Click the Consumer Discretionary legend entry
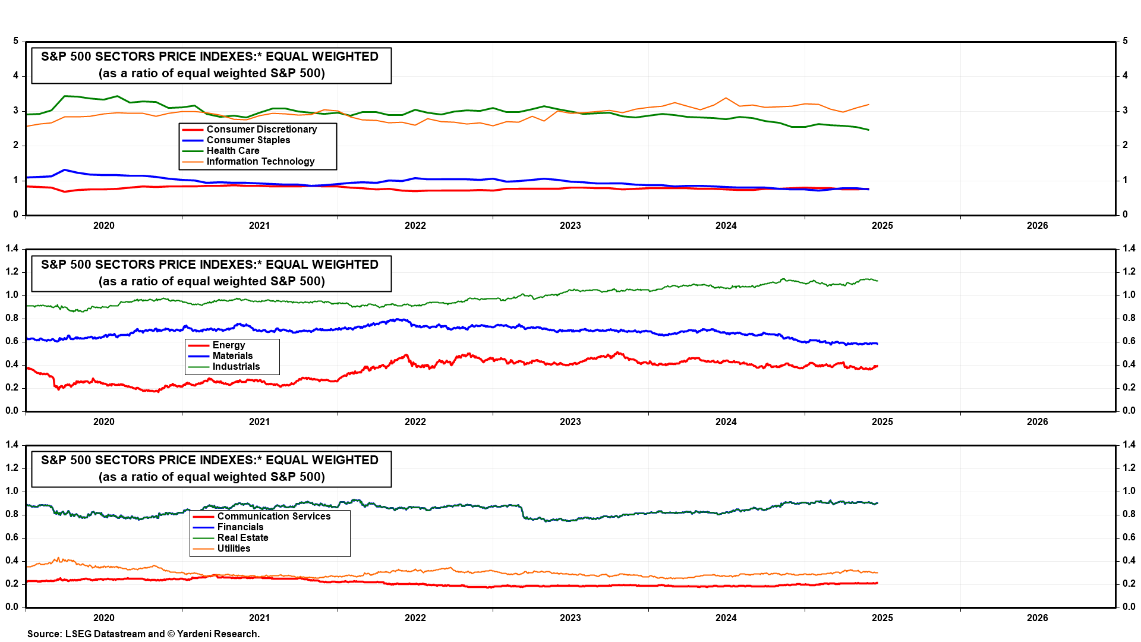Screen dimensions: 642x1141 tap(261, 130)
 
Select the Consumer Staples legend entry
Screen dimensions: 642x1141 tap(248, 140)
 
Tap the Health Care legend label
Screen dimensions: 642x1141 tap(232, 151)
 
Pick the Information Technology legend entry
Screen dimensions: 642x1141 tap(260, 162)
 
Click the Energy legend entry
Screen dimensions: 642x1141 tap(228, 345)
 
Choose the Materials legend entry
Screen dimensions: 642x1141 tap(232, 356)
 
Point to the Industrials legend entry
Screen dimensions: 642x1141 tap(236, 367)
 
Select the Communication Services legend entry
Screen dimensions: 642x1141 tap(273, 517)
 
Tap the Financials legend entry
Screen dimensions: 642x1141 tap(240, 527)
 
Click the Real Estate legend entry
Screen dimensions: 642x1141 tap(242, 538)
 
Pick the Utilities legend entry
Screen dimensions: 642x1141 tap(234, 549)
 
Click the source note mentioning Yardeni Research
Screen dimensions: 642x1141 tap(143, 634)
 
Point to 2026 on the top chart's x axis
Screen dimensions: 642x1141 tap(1037, 226)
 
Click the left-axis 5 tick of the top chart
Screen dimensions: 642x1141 tap(16, 41)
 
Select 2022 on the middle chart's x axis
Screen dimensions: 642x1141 tap(415, 422)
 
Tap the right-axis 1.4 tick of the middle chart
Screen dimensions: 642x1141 tap(1129, 248)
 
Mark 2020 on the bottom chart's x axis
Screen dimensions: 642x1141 tap(104, 618)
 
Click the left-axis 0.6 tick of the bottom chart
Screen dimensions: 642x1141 tap(12, 537)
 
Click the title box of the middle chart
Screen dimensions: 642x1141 tap(211, 273)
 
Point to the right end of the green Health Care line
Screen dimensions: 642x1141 tap(868, 130)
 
